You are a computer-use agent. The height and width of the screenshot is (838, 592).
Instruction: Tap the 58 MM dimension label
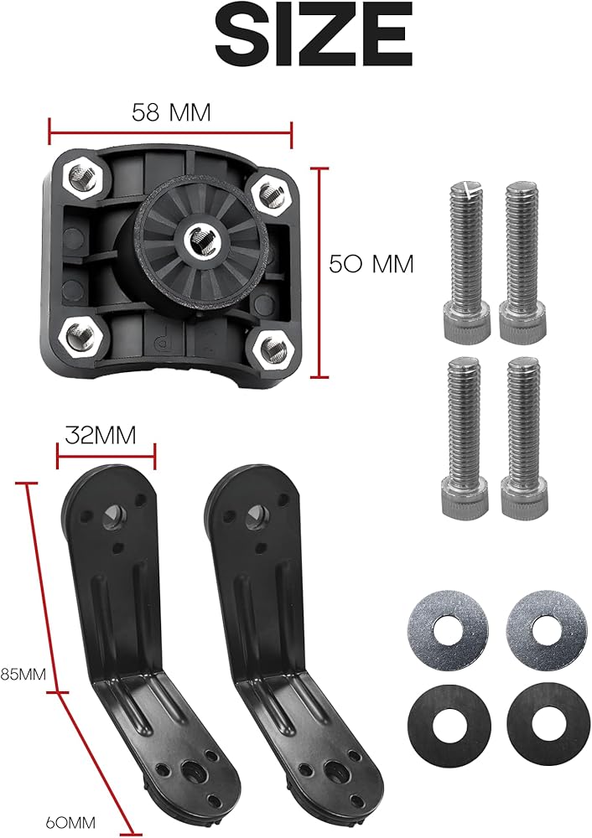pyautogui.click(x=172, y=113)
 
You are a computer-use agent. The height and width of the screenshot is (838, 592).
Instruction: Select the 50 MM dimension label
pyautogui.click(x=371, y=264)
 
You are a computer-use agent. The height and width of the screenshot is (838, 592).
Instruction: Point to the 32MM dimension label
pyautogui.click(x=101, y=435)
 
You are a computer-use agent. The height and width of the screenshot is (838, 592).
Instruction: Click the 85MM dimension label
pyautogui.click(x=23, y=674)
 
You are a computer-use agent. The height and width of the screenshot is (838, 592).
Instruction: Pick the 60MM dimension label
pyautogui.click(x=70, y=821)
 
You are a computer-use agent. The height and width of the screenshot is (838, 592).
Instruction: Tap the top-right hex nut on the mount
pyautogui.click(x=271, y=194)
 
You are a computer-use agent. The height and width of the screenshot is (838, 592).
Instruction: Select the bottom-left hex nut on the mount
pyautogui.click(x=82, y=336)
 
